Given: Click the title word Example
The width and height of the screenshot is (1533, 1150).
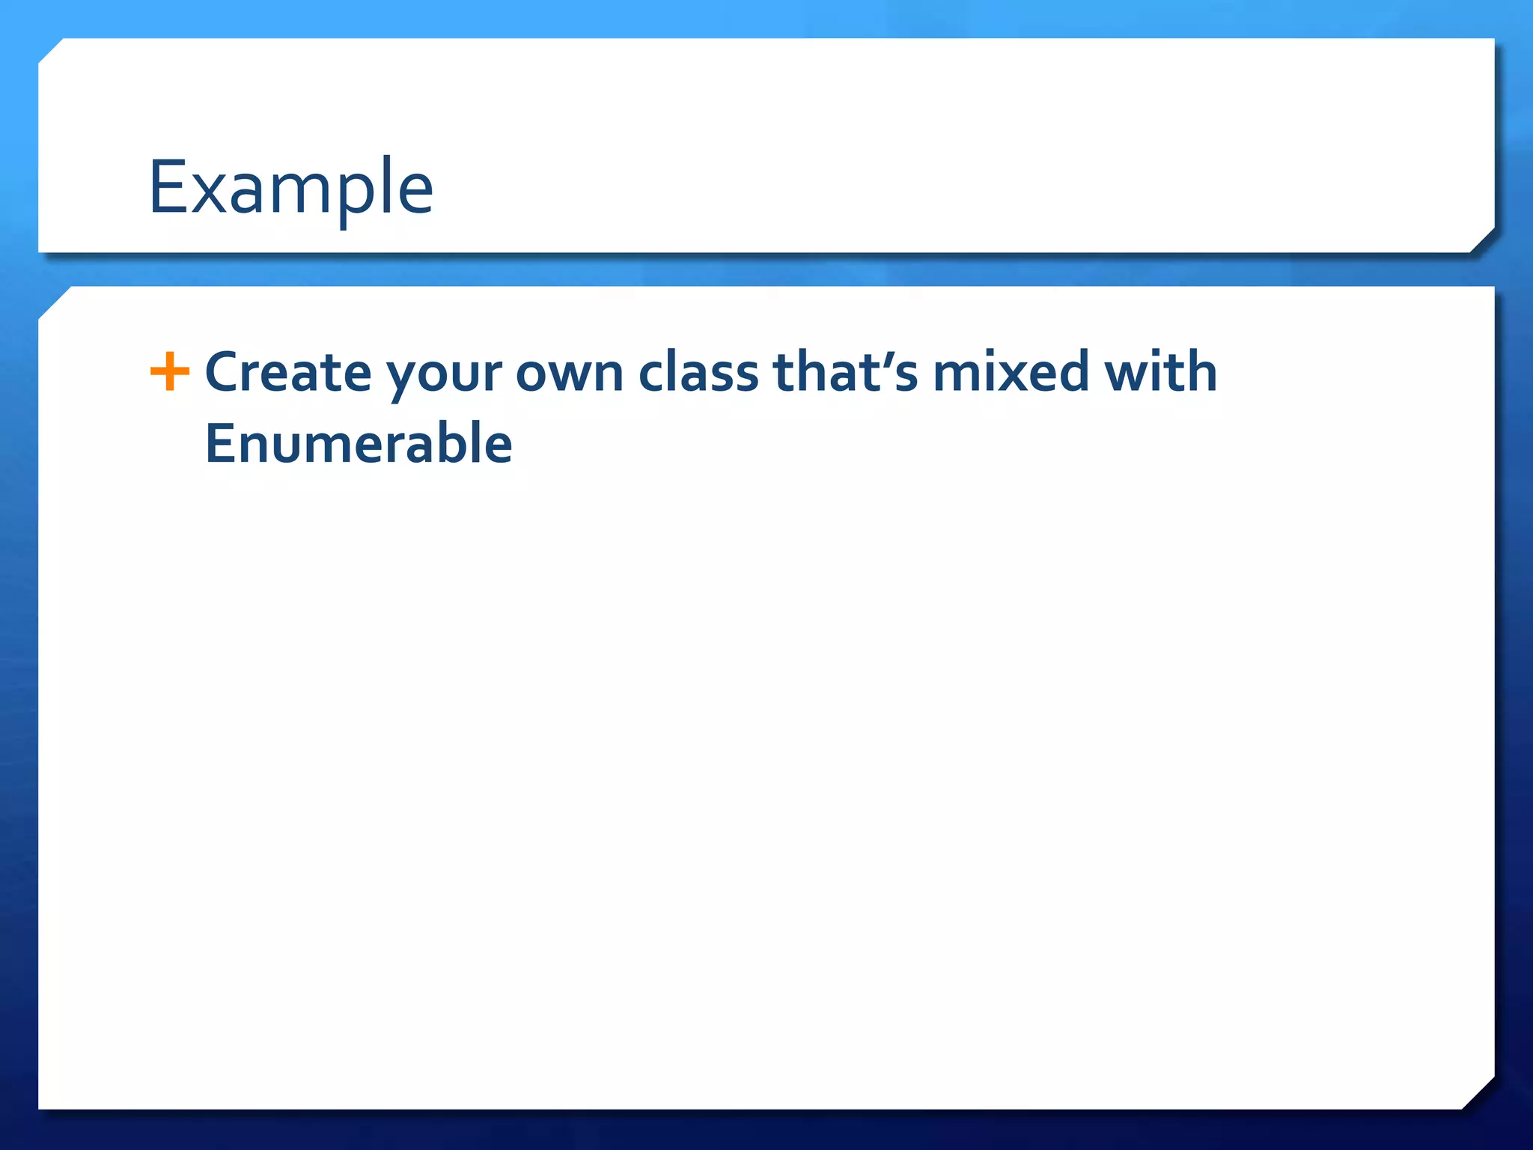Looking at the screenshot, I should point(290,189).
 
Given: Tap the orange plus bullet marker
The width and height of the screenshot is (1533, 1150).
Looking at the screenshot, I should point(170,371).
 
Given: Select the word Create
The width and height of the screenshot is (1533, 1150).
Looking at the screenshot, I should point(287,372).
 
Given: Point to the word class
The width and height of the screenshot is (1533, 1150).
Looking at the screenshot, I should point(698,372).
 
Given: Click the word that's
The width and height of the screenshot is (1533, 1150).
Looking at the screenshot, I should point(845,372).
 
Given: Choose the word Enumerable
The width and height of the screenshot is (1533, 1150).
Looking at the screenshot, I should point(359,443).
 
